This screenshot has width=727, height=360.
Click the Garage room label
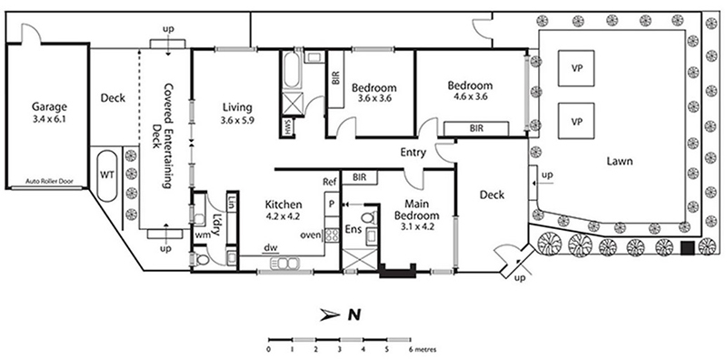point(49,106)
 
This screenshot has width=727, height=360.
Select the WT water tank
point(107,175)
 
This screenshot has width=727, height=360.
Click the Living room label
point(237,107)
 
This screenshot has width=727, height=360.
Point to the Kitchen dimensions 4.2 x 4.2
point(284,215)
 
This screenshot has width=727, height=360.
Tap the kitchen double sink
point(285,264)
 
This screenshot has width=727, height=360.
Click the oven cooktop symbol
point(331,235)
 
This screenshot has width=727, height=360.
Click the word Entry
point(413,153)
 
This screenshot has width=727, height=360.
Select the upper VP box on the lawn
point(576,68)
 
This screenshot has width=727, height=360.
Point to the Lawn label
point(620,162)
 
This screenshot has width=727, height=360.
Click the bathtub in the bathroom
point(291,71)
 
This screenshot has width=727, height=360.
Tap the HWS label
point(286,126)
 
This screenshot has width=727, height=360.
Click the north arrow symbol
point(331,315)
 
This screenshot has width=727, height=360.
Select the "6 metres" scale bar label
point(422,349)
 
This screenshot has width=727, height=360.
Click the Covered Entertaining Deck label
point(163,137)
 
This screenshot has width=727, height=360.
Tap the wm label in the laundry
point(203,235)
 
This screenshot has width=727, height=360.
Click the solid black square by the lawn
point(687,248)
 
